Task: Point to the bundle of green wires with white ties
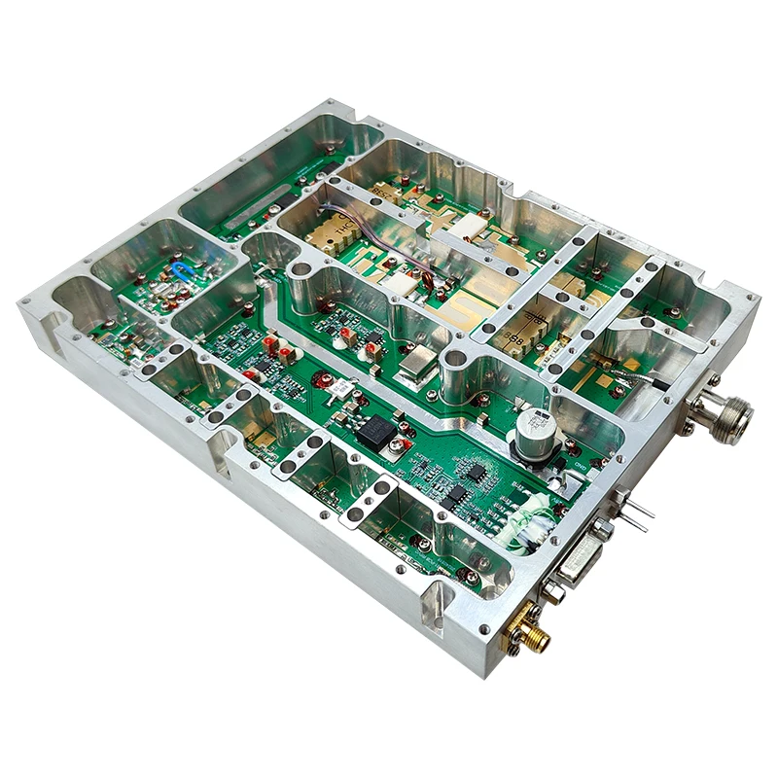pos(515,522)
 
